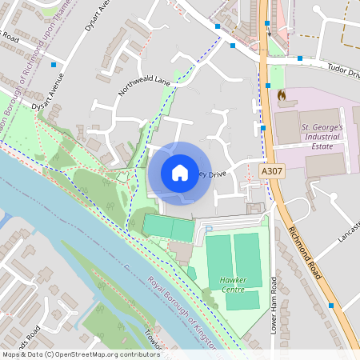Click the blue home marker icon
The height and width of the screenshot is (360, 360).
pyautogui.click(x=180, y=172)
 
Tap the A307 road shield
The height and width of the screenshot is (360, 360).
pyautogui.click(x=272, y=171)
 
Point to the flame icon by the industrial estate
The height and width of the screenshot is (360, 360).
pyautogui.click(x=281, y=95)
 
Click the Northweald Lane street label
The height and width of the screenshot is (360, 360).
pyautogui.click(x=145, y=87)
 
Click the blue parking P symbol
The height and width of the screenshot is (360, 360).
pyautogui.click(x=209, y=230)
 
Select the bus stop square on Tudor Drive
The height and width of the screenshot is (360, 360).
pyautogui.click(x=300, y=58)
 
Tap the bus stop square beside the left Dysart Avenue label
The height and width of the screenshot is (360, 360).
pyautogui.click(x=54, y=64)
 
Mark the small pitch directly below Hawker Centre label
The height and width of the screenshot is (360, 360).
pyautogui.click(x=242, y=300)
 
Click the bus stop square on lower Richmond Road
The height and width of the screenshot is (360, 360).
pyautogui.click(x=330, y=305)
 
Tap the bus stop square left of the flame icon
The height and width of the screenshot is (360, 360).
pyautogui.click(x=269, y=85)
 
